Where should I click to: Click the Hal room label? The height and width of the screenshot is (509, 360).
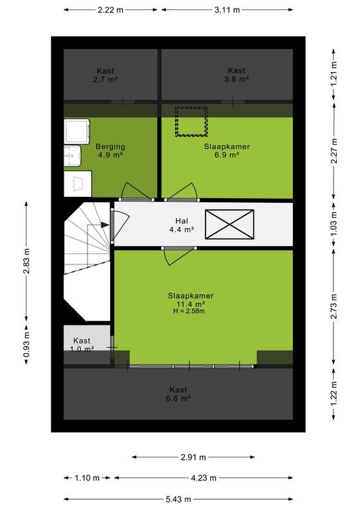coord(182,225)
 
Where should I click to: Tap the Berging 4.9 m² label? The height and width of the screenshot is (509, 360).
coord(110,150)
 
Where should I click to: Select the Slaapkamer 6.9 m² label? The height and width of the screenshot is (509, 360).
coord(227,150)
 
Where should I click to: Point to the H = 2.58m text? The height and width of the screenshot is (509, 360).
coord(188,311)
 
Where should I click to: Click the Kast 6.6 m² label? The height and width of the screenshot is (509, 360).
coord(178,394)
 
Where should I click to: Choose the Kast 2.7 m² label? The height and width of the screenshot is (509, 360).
coord(105,75)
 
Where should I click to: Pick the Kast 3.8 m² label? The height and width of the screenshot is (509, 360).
coord(236,75)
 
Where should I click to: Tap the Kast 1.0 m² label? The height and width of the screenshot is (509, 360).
coord(82,345)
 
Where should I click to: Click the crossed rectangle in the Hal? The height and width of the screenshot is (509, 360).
coord(229,224)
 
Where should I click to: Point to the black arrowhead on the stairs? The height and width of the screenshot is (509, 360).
coord(105,225)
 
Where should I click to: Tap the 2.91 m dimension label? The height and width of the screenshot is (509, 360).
coord(193,457)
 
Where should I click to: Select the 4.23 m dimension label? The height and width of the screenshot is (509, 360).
coord(204,478)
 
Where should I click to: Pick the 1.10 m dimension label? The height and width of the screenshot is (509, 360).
coord(87,478)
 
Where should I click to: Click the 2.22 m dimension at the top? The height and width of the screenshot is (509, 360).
coord(111,10)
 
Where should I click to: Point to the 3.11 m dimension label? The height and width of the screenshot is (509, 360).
coord(227,10)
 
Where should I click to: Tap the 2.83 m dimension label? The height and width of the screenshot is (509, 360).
coord(27,260)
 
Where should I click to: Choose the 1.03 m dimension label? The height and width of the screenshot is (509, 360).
coord(334,223)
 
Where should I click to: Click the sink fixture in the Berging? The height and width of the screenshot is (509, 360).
coord(72,156)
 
